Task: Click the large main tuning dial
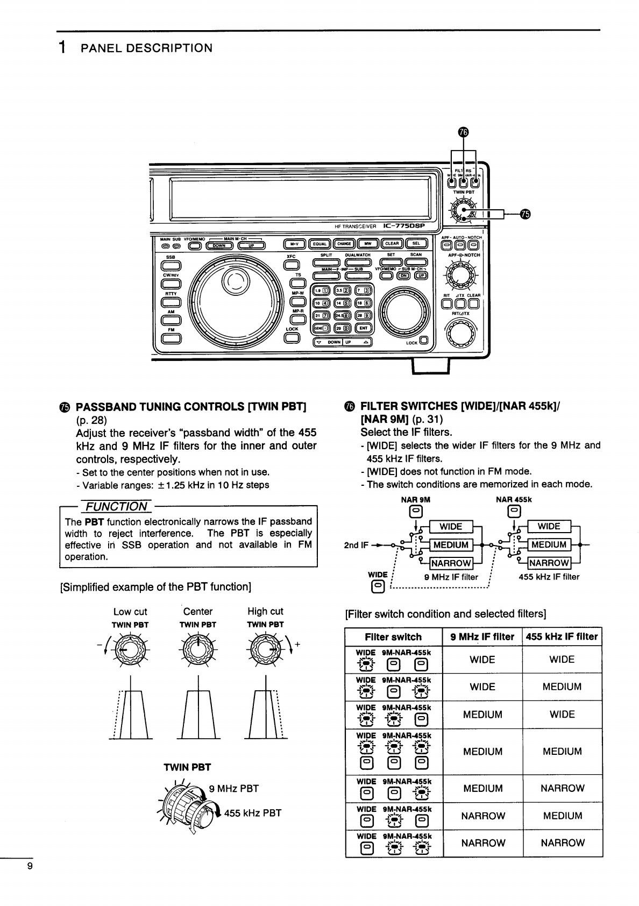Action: pyautogui.click(x=237, y=298)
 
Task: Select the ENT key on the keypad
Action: pyautogui.click(x=364, y=328)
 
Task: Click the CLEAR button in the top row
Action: pyautogui.click(x=392, y=244)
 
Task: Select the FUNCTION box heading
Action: pyautogui.click(x=116, y=506)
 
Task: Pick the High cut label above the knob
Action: pyautogui.click(x=265, y=611)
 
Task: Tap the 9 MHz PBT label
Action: pyautogui.click(x=234, y=789)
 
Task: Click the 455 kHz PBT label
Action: pyautogui.click(x=253, y=813)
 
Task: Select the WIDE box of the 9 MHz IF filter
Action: pyautogui.click(x=451, y=527)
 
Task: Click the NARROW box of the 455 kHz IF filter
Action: pyautogui.click(x=549, y=563)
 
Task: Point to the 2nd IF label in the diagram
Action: pyautogui.click(x=356, y=545)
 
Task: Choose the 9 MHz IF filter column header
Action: pyautogui.click(x=482, y=637)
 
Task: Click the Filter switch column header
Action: pyautogui.click(x=393, y=637)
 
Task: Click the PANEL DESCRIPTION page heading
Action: pyautogui.click(x=146, y=48)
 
